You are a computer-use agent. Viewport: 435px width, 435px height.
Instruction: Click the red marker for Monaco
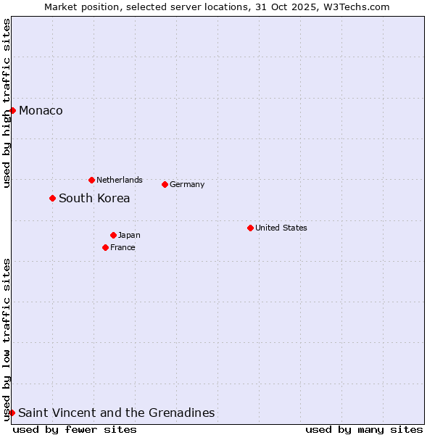(13, 110)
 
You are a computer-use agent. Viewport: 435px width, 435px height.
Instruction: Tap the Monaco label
(41, 111)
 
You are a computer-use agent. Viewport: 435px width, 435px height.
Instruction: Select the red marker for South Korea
(52, 198)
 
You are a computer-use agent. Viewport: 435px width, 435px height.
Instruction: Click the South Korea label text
(94, 199)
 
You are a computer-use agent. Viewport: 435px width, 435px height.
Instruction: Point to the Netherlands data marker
(91, 180)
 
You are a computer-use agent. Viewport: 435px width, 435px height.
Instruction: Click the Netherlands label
(120, 180)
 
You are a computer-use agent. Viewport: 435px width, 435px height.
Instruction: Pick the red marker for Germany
(165, 184)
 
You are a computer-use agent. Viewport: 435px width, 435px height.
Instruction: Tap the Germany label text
(187, 184)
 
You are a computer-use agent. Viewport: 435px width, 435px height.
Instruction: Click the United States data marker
(250, 228)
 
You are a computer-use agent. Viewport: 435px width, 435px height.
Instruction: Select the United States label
(281, 228)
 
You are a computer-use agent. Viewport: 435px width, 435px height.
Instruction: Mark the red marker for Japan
(113, 235)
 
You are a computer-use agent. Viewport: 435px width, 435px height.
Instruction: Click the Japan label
(129, 235)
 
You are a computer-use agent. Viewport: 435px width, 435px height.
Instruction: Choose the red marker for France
(105, 247)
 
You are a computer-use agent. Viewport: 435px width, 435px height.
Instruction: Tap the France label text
(123, 247)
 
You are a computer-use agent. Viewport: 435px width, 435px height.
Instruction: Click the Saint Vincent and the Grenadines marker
(12, 413)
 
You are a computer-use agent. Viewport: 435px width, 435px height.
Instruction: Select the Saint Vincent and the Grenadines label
(117, 413)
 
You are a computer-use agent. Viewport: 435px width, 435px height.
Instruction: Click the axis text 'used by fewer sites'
(75, 429)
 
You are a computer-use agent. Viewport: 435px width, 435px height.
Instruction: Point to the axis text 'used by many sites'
(364, 429)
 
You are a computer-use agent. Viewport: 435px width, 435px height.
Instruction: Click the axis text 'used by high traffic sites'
(7, 103)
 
